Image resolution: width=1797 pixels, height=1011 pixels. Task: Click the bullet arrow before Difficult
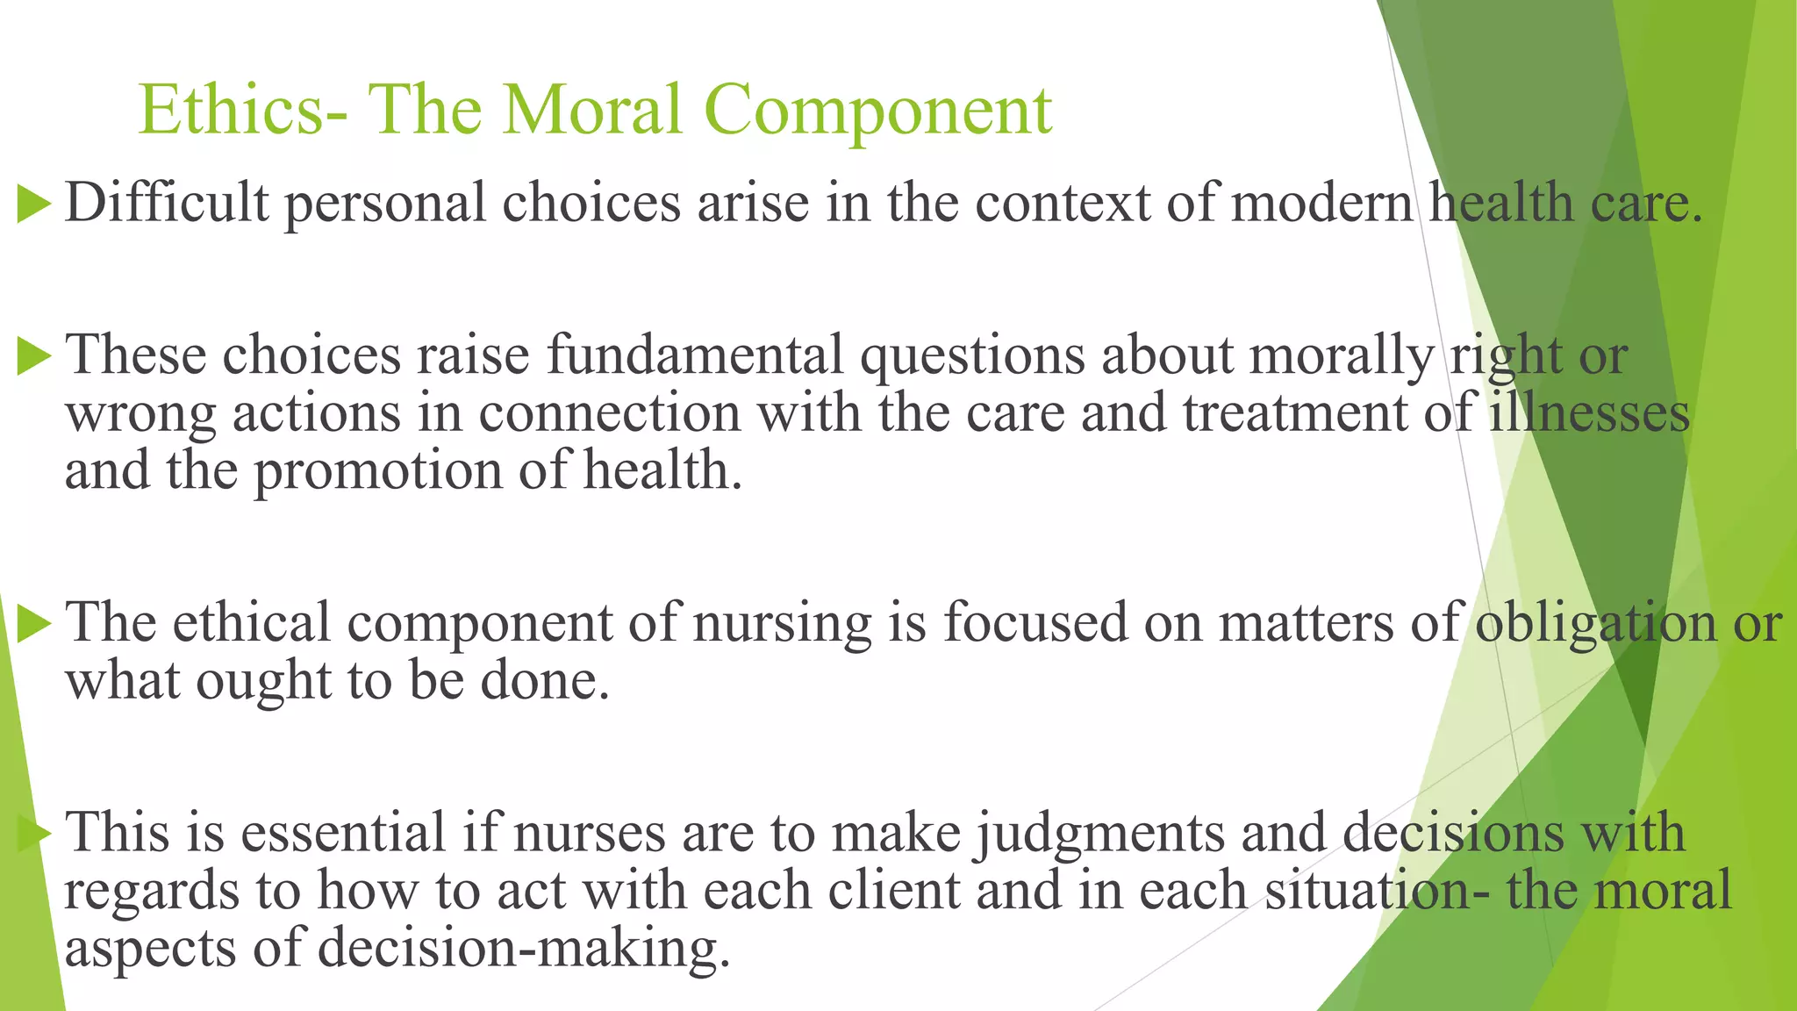point(34,204)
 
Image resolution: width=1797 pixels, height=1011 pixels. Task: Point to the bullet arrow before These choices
point(34,356)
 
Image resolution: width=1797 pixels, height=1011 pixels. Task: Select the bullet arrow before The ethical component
point(34,624)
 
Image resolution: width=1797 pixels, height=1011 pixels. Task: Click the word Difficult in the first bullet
point(167,202)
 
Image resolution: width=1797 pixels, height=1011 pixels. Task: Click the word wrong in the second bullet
point(140,414)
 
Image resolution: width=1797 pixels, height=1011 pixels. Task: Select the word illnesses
point(1589,412)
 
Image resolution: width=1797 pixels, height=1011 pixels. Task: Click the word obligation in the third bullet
point(1595,623)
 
